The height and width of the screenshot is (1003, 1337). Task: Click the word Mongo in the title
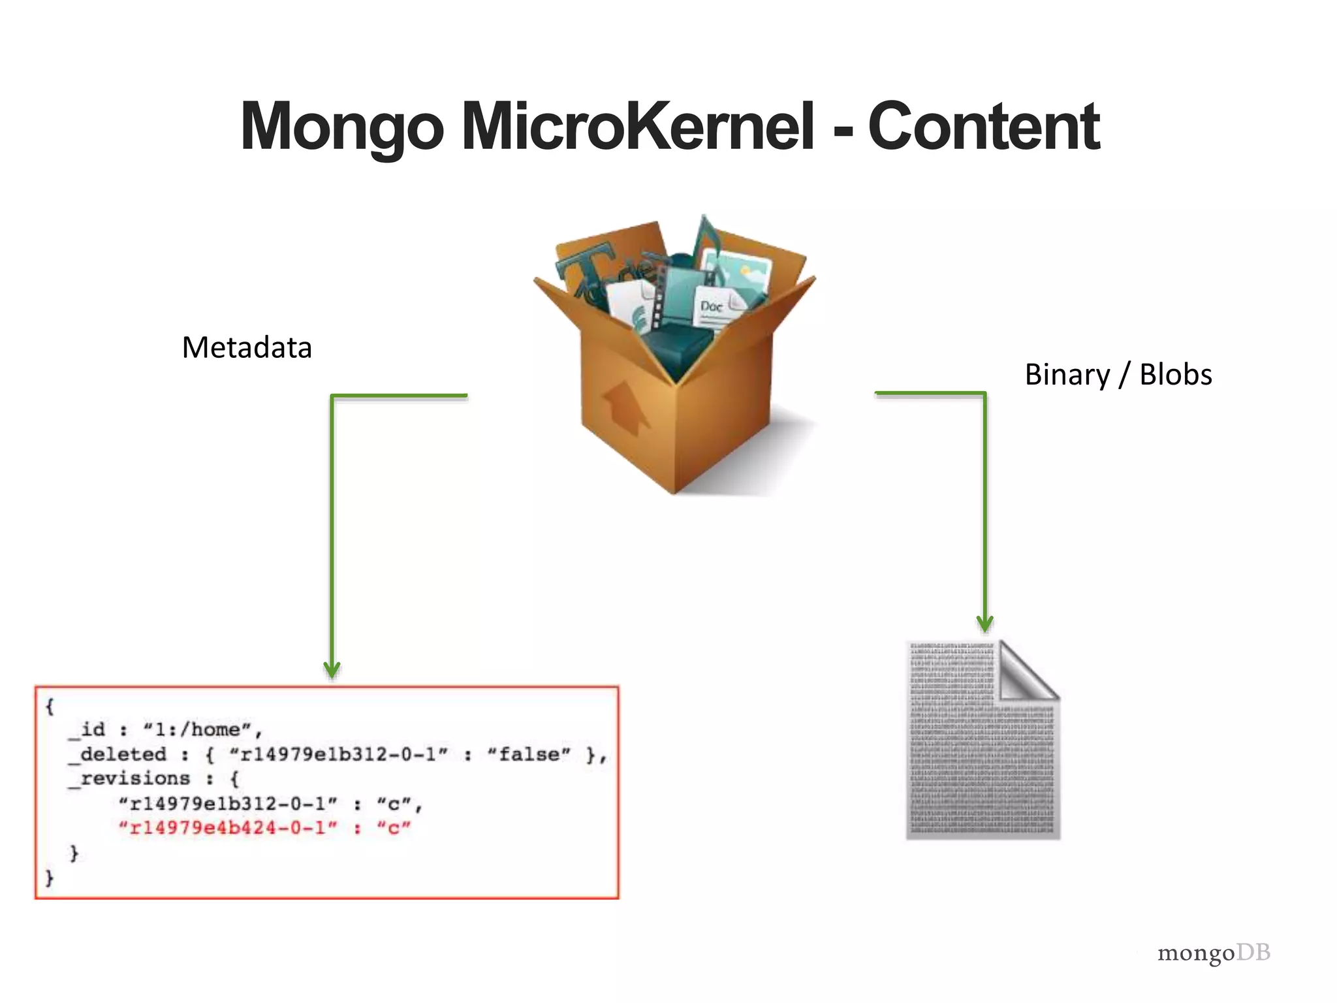click(342, 128)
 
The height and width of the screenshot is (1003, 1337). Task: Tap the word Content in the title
click(984, 127)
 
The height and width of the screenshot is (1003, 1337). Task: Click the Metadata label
click(247, 347)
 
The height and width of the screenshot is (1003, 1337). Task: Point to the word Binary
click(1067, 375)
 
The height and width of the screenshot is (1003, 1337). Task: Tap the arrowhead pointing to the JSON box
click(332, 670)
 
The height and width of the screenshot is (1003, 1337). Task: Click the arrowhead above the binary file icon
click(984, 624)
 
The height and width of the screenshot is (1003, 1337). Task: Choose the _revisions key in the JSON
click(130, 778)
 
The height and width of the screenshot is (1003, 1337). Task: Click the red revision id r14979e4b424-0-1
click(228, 828)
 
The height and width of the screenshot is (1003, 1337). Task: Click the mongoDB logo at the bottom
click(1214, 953)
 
